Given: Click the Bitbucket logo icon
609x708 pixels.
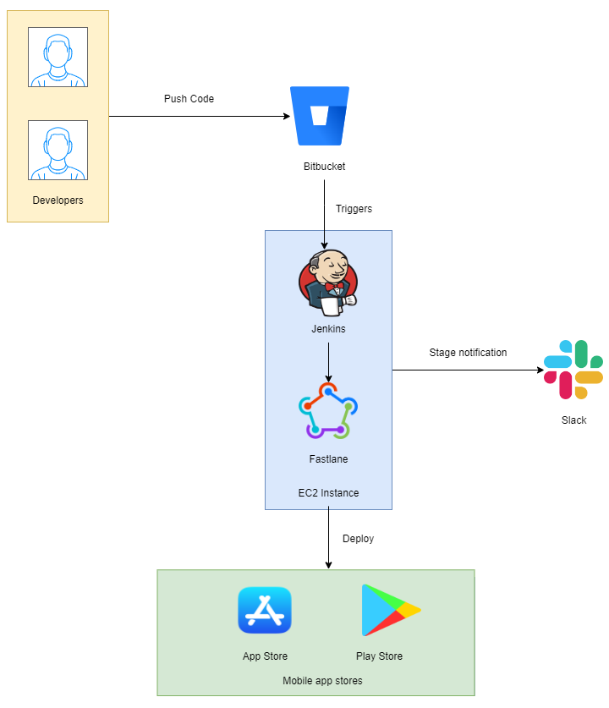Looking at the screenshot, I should [320, 116].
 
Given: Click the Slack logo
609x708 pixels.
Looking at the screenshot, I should [573, 370].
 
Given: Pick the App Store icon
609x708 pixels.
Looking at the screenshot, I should [265, 610].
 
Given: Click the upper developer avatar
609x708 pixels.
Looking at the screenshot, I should [58, 58].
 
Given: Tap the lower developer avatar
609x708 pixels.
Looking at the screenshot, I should [58, 150].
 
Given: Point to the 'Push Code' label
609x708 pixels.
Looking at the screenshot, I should [189, 99].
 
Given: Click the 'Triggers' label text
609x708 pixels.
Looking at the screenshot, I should [354, 209].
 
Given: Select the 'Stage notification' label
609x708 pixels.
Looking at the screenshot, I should [468, 353].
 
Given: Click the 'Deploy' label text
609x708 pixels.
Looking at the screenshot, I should [358, 539].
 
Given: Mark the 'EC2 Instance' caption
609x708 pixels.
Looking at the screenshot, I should [329, 493].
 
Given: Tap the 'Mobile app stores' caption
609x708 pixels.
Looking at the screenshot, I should [322, 681].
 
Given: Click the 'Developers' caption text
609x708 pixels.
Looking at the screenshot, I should [58, 200].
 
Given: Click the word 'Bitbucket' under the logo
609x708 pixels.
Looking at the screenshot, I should [324, 167].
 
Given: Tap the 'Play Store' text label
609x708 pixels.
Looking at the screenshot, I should [379, 656].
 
